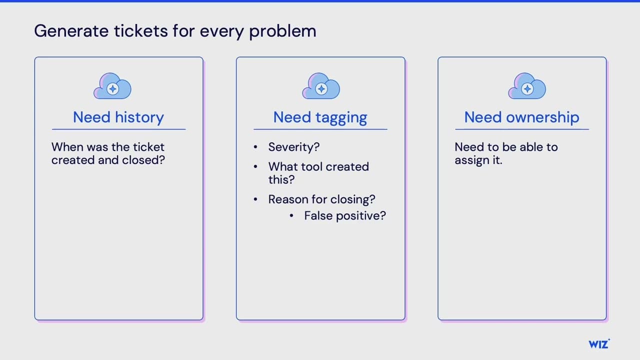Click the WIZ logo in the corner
599,344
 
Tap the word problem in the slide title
282,31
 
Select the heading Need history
118,117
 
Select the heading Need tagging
320,117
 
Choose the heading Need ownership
521,117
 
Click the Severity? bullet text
293,147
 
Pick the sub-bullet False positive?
345,216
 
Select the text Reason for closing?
321,199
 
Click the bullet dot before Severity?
256,147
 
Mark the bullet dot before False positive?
292,216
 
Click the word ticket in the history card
148,147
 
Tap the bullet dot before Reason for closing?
256,199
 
